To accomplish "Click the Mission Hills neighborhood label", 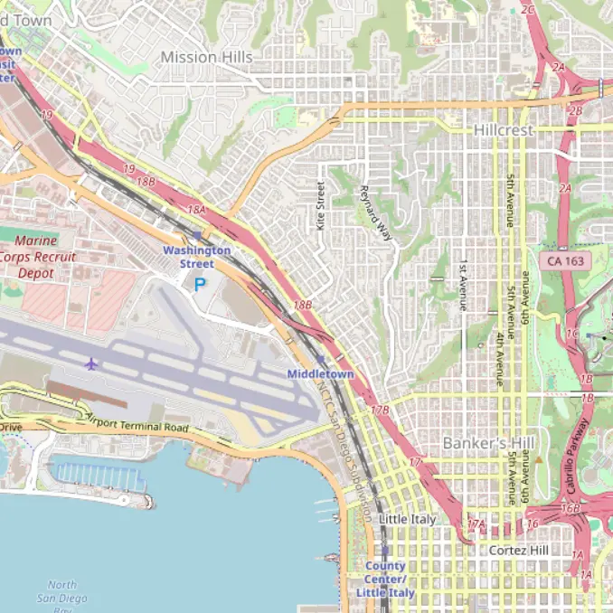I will tap(206, 57).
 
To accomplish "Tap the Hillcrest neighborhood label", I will tap(504, 130).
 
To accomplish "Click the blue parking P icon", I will tap(200, 284).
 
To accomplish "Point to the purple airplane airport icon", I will tap(90, 363).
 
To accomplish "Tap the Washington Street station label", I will tap(196, 257).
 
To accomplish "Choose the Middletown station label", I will tap(320, 373).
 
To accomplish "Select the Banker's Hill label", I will tap(488, 443).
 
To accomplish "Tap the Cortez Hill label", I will tap(518, 550).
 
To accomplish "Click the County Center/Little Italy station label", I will tap(385, 579).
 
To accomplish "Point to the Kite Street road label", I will tap(320, 204).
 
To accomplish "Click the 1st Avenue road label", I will tap(463, 285).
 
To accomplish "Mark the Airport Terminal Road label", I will tap(137, 423).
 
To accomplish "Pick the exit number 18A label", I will tap(196, 210).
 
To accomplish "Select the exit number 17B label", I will tap(382, 410).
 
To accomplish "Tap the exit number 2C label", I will tap(529, 10).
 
